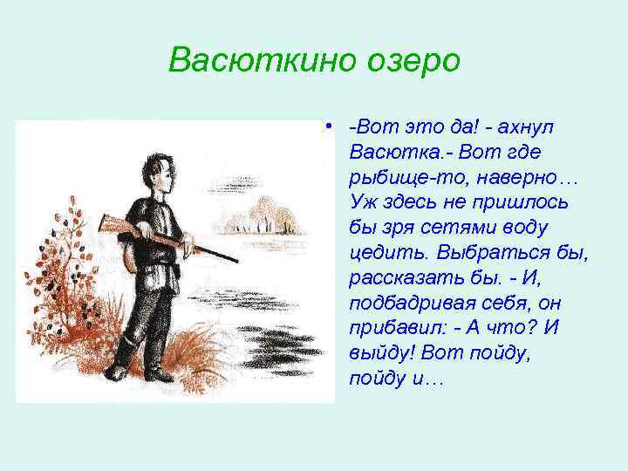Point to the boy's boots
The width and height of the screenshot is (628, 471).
point(148,366)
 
